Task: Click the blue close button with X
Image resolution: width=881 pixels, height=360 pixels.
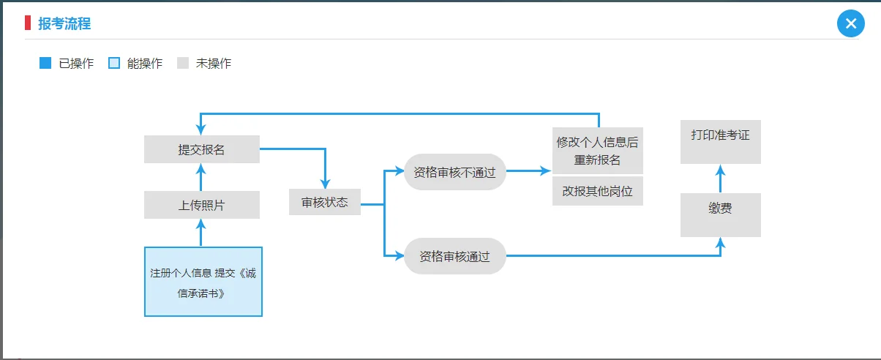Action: pyautogui.click(x=850, y=23)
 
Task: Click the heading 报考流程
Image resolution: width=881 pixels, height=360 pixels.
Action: pyautogui.click(x=64, y=23)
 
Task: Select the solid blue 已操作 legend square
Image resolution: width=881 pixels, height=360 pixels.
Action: pyautogui.click(x=45, y=63)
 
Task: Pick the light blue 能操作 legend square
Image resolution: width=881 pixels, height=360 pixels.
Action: pyautogui.click(x=114, y=63)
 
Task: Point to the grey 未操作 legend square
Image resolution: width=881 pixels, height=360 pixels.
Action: pyautogui.click(x=183, y=63)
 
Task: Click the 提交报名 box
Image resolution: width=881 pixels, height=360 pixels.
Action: pyautogui.click(x=202, y=149)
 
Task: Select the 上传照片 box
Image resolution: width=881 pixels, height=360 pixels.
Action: pyautogui.click(x=202, y=205)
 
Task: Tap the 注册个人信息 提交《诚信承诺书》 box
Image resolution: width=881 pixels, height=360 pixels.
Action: pyautogui.click(x=203, y=282)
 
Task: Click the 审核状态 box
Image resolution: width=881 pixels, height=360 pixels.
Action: pyautogui.click(x=325, y=202)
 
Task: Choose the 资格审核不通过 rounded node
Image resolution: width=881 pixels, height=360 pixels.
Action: pyautogui.click(x=455, y=172)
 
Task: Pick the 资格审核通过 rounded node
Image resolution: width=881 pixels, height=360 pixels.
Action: pyautogui.click(x=455, y=256)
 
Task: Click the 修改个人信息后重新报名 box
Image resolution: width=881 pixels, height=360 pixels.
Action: pyautogui.click(x=597, y=151)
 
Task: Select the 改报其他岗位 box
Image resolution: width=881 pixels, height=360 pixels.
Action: pyautogui.click(x=597, y=191)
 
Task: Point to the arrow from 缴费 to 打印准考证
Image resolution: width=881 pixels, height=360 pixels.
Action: pyautogui.click(x=720, y=179)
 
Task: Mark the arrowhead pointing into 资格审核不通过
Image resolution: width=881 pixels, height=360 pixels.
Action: pyautogui.click(x=399, y=172)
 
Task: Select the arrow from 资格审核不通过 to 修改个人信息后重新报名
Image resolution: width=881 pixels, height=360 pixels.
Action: pyautogui.click(x=528, y=171)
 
